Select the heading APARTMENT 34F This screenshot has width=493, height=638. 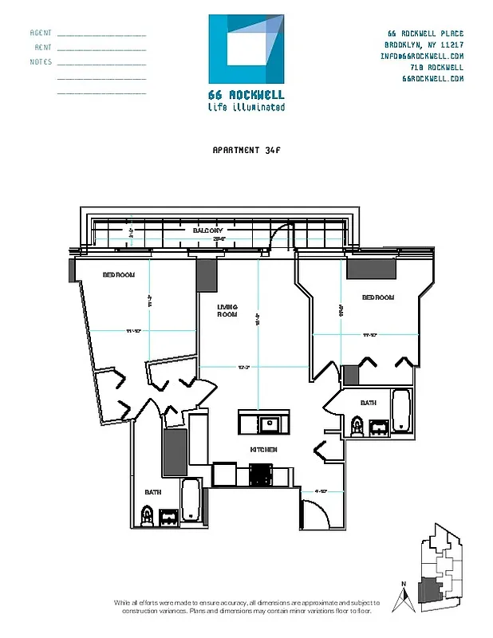click(246, 149)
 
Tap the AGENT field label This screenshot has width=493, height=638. click(41, 33)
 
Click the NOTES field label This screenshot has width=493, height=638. click(41, 62)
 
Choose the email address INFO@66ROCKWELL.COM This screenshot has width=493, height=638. click(422, 57)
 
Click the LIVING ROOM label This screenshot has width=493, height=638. click(228, 310)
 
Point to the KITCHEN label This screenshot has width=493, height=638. click(263, 450)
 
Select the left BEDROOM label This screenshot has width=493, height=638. click(118, 275)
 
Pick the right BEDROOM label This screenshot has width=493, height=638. click(378, 297)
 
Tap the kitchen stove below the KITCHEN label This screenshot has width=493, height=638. click(261, 475)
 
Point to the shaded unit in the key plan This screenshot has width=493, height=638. click(433, 590)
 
